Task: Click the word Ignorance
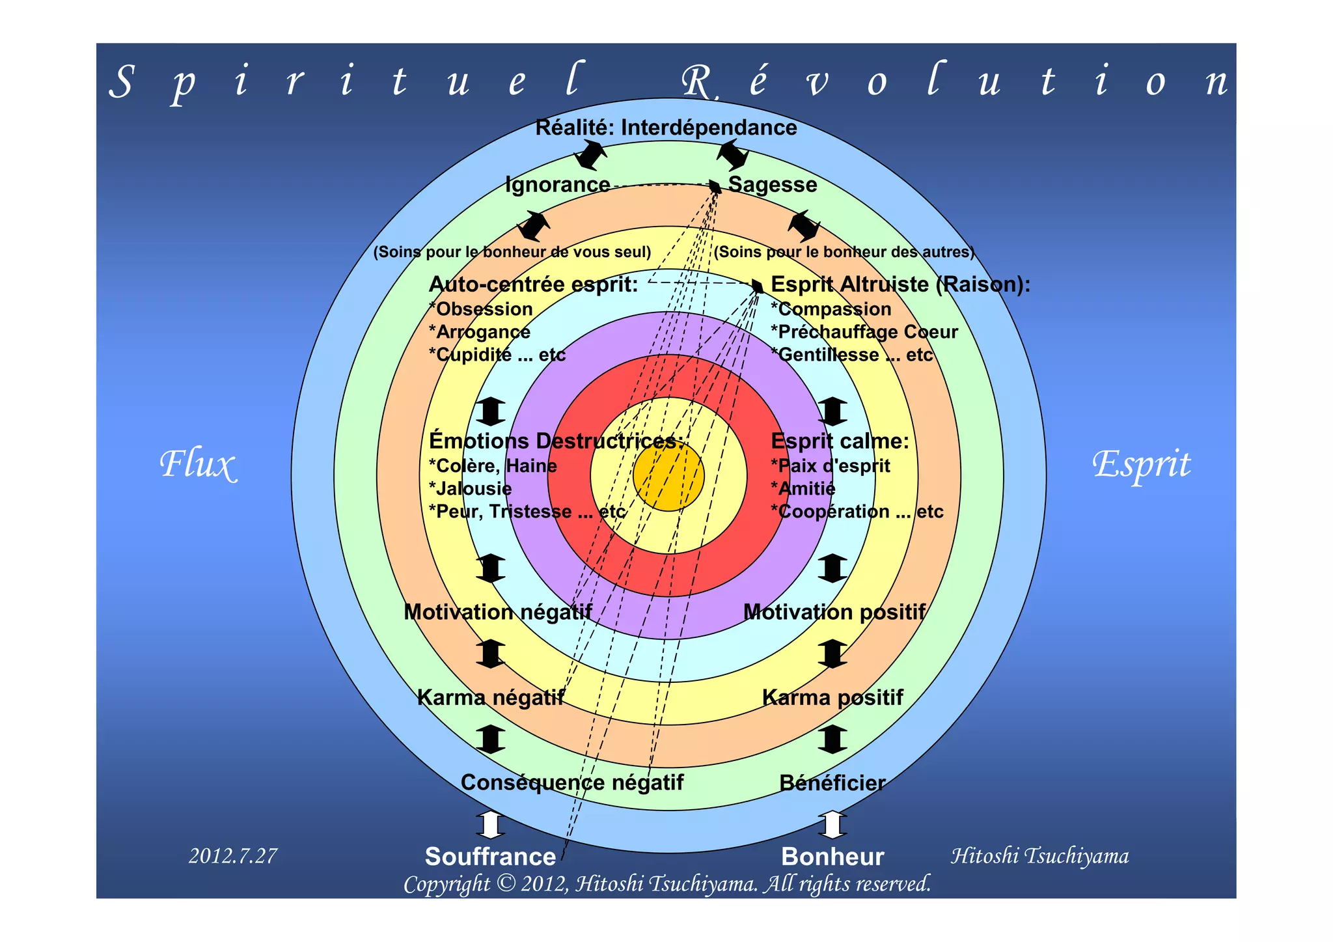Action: tap(558, 185)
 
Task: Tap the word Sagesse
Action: tap(772, 185)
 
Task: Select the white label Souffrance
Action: tap(490, 857)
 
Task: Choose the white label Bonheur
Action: tap(832, 857)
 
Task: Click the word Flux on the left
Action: tap(197, 465)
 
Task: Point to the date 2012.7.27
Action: tap(233, 855)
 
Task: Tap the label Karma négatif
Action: tap(490, 698)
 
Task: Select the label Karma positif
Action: tap(832, 698)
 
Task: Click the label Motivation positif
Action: tap(834, 612)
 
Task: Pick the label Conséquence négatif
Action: tap(572, 783)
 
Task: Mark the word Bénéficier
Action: tap(832, 783)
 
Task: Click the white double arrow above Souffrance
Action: tap(490, 825)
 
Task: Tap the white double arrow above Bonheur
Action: tap(832, 825)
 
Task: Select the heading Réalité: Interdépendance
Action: tap(666, 128)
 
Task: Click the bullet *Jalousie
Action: tap(471, 489)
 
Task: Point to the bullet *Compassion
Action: tap(831, 309)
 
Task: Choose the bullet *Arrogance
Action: tap(480, 332)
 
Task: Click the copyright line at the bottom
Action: tap(667, 884)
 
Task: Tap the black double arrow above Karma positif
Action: tap(832, 654)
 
